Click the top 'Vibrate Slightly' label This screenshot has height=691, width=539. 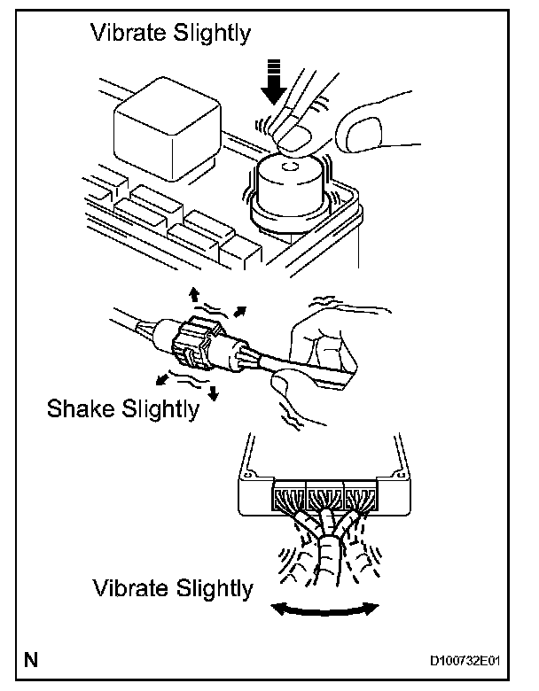point(171,35)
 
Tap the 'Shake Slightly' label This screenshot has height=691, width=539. point(122,410)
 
